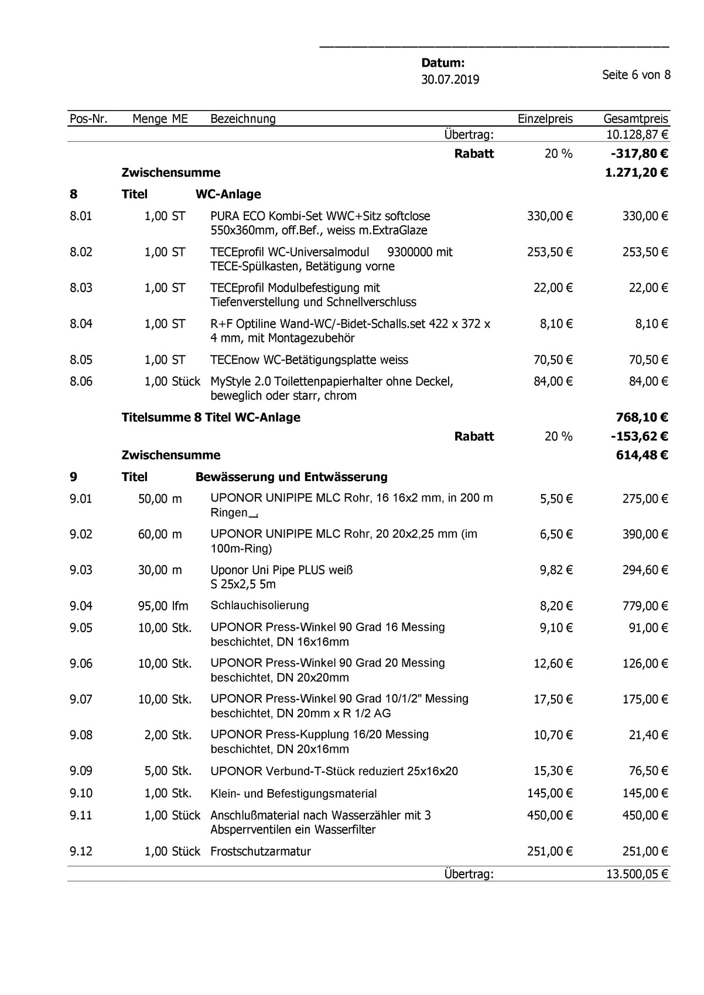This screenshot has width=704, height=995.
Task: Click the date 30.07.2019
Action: click(x=450, y=80)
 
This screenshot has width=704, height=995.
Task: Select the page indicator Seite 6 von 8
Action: click(x=636, y=75)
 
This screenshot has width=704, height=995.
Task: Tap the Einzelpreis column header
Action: click(x=545, y=119)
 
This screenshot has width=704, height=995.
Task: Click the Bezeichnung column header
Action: click(x=242, y=119)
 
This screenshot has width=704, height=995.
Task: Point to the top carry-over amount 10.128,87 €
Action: click(x=637, y=135)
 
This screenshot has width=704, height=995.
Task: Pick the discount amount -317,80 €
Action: click(x=638, y=153)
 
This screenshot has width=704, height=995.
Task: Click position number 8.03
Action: click(x=81, y=288)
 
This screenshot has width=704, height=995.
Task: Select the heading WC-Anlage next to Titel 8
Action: click(x=228, y=194)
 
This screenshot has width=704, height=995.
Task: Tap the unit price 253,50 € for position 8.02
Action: click(x=549, y=252)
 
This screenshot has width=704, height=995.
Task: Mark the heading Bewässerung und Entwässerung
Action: click(x=291, y=477)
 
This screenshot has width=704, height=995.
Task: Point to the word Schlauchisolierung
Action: click(x=259, y=605)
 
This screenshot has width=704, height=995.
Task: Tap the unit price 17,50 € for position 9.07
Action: click(x=553, y=699)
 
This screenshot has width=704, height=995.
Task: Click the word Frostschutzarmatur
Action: click(x=260, y=852)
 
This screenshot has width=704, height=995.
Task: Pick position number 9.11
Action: click(x=81, y=815)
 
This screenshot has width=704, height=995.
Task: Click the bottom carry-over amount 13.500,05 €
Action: click(x=637, y=874)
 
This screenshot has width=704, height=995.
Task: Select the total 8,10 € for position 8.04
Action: click(x=651, y=324)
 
